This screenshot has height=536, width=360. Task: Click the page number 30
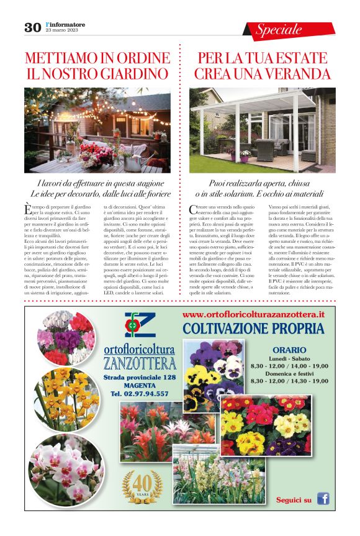[32, 27]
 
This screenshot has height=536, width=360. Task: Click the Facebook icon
[323, 498]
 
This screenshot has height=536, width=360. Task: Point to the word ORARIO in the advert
[289, 350]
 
